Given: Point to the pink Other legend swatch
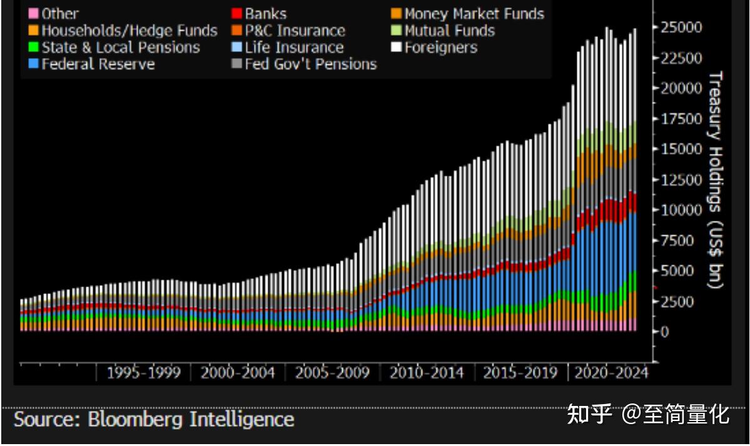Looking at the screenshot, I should coord(34,14).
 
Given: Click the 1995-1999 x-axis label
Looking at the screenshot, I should coord(143,373).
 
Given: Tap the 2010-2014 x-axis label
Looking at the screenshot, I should coord(427,373).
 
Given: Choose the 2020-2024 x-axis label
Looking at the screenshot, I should coord(611,373).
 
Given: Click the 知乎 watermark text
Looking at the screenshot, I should coord(589,414).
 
